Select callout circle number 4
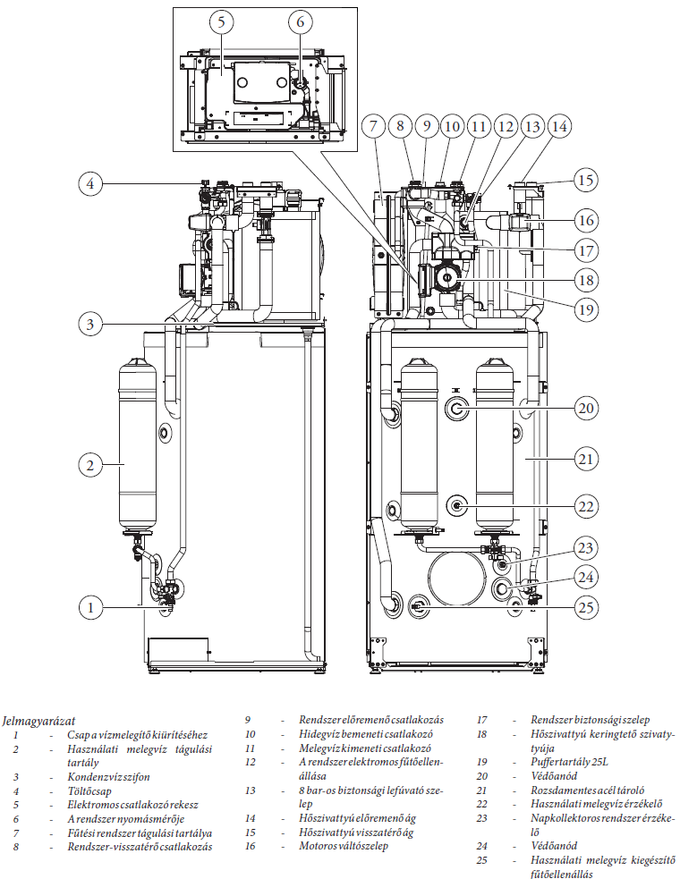coord(89,184)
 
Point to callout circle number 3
coord(89,323)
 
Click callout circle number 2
coord(89,464)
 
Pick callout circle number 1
coord(89,608)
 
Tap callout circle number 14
coord(559,127)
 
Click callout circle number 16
coord(585,220)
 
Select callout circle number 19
coord(585,309)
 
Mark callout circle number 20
coord(585,409)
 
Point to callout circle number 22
coord(585,506)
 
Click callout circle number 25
coord(585,607)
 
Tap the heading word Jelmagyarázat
coord(38,720)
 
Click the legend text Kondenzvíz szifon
coord(106,778)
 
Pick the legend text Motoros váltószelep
coord(344,846)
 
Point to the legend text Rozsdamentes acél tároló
coord(588,790)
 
